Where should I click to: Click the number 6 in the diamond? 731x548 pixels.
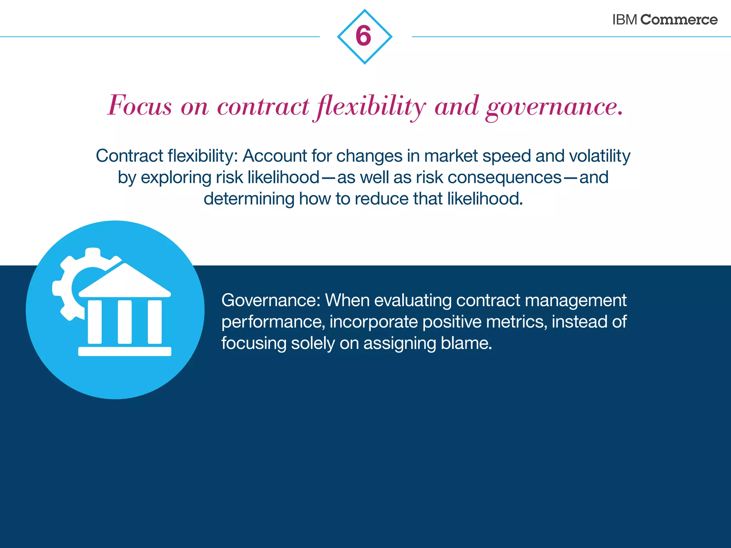[x=364, y=36]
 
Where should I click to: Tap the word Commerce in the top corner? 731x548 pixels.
[x=679, y=20]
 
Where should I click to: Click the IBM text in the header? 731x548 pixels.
[x=624, y=20]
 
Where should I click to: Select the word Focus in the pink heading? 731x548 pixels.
[x=140, y=106]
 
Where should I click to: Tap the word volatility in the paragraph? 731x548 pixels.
[x=600, y=156]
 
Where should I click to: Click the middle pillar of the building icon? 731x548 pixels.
[x=125, y=322]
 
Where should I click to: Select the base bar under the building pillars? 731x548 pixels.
[x=125, y=351]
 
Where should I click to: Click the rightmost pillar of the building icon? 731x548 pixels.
[x=155, y=322]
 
